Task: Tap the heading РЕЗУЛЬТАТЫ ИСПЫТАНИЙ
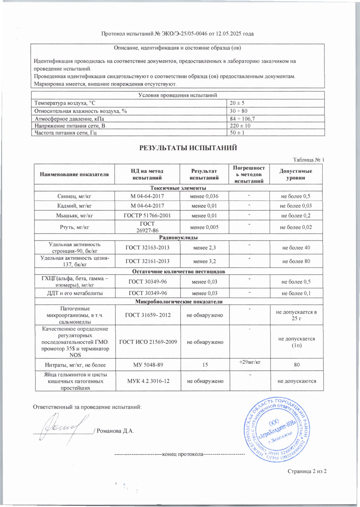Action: (x=188, y=148)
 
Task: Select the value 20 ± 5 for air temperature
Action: (x=237, y=103)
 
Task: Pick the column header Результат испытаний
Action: (x=204, y=174)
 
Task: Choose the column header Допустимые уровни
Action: (x=295, y=174)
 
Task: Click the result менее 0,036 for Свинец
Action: (x=204, y=196)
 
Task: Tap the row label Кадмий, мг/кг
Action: (x=74, y=206)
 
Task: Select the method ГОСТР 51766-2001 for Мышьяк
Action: (x=147, y=216)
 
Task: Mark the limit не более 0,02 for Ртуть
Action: (x=296, y=227)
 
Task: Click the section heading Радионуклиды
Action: (x=178, y=237)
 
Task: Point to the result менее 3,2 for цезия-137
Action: (x=204, y=261)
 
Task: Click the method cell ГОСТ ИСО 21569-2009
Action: (x=148, y=342)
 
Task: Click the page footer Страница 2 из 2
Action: (x=307, y=471)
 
